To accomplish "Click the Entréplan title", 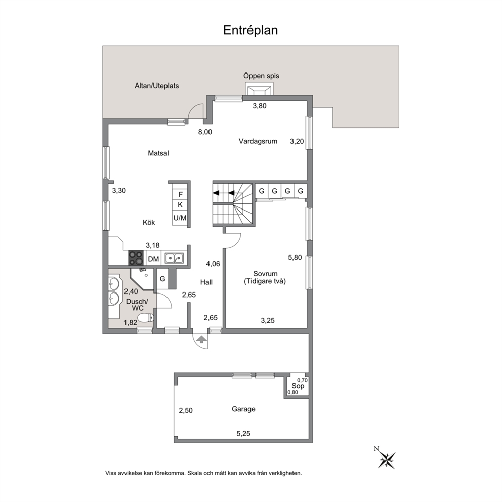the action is coord(250,30).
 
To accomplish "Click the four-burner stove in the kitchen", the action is coord(136,258).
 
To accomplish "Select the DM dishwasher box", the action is coord(154,259).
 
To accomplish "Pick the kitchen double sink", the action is coord(174,258).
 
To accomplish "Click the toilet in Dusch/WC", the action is coord(146,318).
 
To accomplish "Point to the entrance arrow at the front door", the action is coord(201,340).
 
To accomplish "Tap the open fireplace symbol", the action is coord(259,89).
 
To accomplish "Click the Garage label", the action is coord(243,409).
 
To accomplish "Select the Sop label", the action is coord(298,386).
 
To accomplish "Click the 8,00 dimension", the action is coord(205,132).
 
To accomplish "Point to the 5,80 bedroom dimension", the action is coord(295,257).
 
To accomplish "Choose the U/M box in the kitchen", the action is coord(180,218).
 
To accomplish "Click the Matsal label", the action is coord(158,153).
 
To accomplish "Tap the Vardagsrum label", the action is coord(258,141).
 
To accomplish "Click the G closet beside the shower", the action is coord(162,279).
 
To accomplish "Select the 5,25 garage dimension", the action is coord(243,434).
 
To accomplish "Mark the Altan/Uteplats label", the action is coord(156,86).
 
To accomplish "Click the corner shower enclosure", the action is coord(143,279).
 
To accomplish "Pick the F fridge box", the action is coord(180,194).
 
